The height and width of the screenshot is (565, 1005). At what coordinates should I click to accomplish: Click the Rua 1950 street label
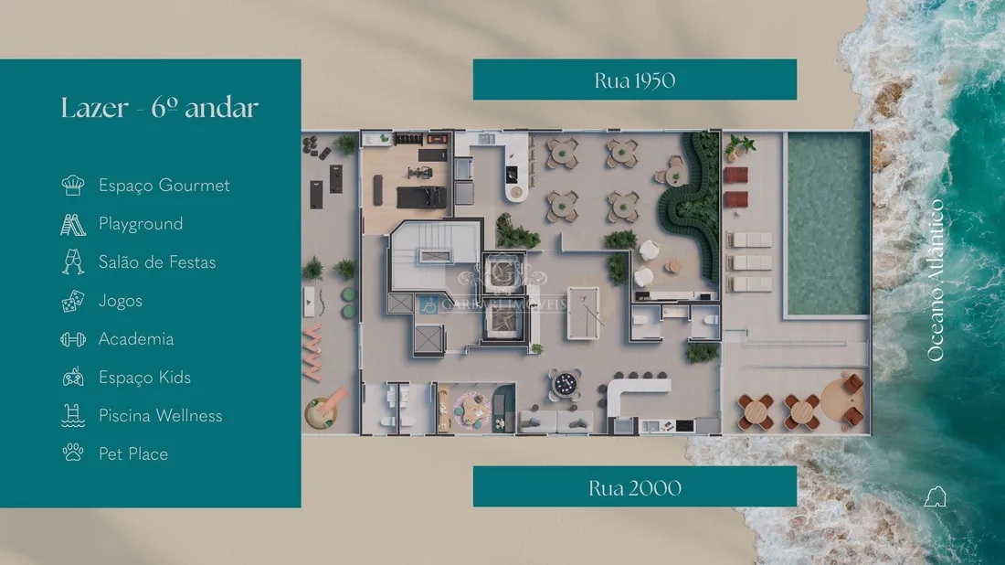click(x=635, y=80)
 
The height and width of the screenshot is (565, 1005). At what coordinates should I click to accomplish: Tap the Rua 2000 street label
click(x=635, y=487)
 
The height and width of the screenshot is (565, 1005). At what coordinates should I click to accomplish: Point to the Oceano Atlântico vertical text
click(x=936, y=281)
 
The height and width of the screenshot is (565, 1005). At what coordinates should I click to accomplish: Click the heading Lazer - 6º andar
click(x=160, y=108)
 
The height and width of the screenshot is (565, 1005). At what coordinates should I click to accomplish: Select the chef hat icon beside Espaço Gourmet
click(x=73, y=186)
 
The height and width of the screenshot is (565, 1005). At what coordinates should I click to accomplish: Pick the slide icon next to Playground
click(x=73, y=225)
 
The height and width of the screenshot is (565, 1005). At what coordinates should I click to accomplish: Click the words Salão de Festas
click(x=157, y=262)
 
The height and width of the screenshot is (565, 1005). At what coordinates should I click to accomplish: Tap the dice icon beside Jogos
click(x=73, y=301)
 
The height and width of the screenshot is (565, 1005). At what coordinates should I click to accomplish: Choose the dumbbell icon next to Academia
click(x=73, y=339)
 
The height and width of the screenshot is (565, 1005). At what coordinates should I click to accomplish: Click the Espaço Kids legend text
click(x=145, y=378)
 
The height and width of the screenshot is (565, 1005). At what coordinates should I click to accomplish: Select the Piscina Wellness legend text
click(x=160, y=416)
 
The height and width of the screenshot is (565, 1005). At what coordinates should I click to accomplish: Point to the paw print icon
click(x=73, y=453)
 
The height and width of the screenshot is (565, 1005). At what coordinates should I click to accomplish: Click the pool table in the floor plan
click(x=583, y=313)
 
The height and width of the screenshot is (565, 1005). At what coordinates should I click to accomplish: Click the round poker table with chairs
click(x=566, y=384)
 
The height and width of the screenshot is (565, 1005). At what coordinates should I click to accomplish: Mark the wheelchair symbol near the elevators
click(x=428, y=304)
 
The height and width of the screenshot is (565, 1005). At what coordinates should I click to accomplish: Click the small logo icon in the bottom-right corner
click(x=936, y=496)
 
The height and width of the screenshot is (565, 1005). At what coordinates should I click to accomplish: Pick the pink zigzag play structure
click(x=313, y=352)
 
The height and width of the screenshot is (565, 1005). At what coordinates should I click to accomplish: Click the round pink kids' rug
click(x=471, y=411)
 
